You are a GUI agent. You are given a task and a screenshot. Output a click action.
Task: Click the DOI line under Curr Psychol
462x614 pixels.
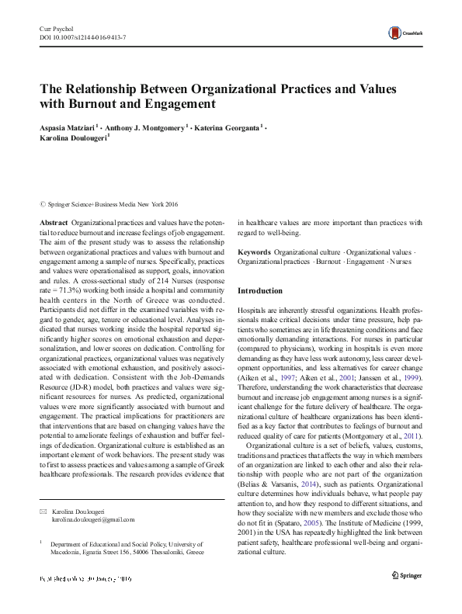82,36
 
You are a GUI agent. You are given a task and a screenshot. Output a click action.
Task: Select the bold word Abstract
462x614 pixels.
54,222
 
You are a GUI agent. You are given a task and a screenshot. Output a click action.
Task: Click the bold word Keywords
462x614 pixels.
254,252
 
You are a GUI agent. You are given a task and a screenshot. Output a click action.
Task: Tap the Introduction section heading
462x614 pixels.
260,291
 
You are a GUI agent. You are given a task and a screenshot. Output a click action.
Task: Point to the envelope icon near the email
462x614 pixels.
43,512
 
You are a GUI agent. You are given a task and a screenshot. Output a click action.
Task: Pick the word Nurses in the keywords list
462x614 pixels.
401,262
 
